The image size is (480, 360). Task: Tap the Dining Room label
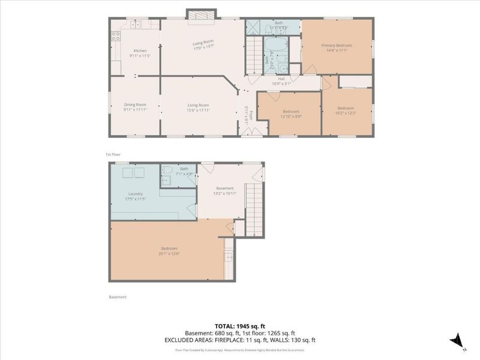point(136,107)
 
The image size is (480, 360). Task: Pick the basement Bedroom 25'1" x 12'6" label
point(169,251)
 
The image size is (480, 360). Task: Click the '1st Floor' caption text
point(113,154)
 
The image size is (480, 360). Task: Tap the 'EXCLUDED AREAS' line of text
point(240,340)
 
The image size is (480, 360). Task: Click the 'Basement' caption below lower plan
point(118,297)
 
